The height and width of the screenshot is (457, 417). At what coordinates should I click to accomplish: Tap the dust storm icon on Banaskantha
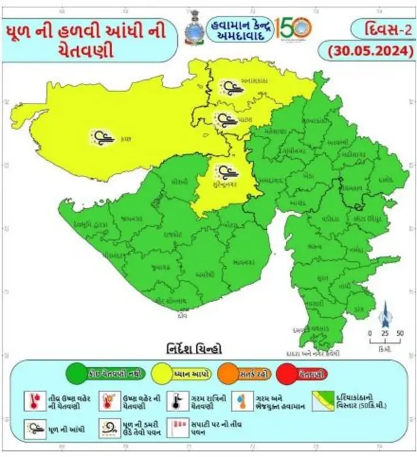(x=228, y=87)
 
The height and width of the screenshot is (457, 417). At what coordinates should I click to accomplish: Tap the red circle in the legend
(x=307, y=374)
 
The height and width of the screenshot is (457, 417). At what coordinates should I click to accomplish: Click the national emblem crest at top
(x=193, y=27)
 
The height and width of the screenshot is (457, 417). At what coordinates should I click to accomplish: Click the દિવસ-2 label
(x=380, y=28)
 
